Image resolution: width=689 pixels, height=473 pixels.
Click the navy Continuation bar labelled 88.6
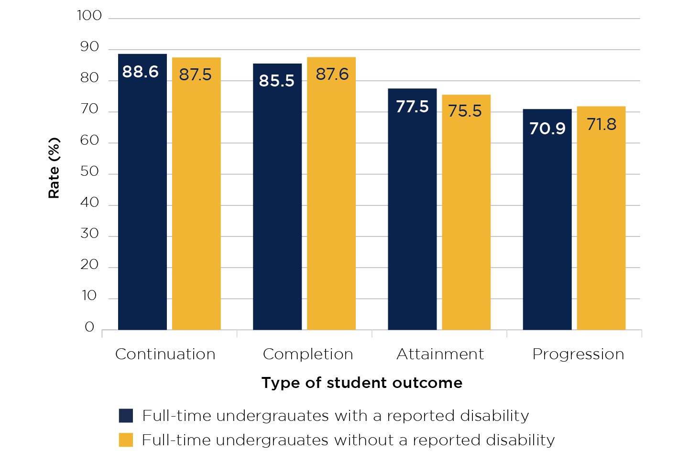[142, 191]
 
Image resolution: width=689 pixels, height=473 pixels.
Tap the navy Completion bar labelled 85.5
[277, 196]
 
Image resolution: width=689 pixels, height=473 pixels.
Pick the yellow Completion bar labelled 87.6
[331, 193]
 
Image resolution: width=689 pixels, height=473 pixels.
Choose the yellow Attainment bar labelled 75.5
[466, 212]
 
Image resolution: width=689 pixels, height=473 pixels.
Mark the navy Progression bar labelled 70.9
[547, 219]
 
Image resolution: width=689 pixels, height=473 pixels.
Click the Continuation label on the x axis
[165, 354]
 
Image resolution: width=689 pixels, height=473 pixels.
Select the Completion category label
[308, 354]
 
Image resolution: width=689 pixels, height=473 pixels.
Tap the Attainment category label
[440, 354]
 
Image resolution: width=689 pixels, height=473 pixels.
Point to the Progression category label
[578, 354]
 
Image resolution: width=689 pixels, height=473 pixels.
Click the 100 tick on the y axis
[89, 16]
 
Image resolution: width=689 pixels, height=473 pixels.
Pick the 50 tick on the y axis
[89, 172]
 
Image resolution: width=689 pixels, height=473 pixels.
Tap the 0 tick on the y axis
[89, 327]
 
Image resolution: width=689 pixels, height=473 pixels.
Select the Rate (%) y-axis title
[54, 168]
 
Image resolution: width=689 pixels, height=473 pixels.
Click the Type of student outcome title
[362, 383]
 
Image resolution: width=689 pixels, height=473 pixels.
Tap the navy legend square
[126, 416]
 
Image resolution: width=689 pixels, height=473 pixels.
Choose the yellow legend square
[126, 440]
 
